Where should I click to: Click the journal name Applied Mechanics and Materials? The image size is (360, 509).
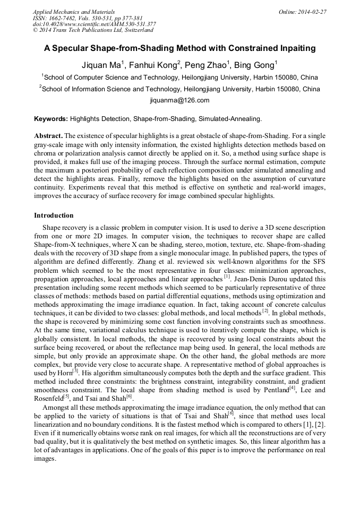tap(73, 11)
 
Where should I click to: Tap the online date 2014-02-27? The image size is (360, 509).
tap(312, 11)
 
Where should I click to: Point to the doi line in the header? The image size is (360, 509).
tap(94, 24)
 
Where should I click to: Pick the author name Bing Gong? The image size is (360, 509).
tap(258, 65)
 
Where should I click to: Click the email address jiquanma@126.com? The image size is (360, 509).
tap(179, 100)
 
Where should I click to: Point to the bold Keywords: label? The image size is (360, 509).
tap(51, 119)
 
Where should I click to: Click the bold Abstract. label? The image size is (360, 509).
tap(48, 136)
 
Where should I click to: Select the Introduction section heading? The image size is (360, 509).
tap(54, 215)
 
